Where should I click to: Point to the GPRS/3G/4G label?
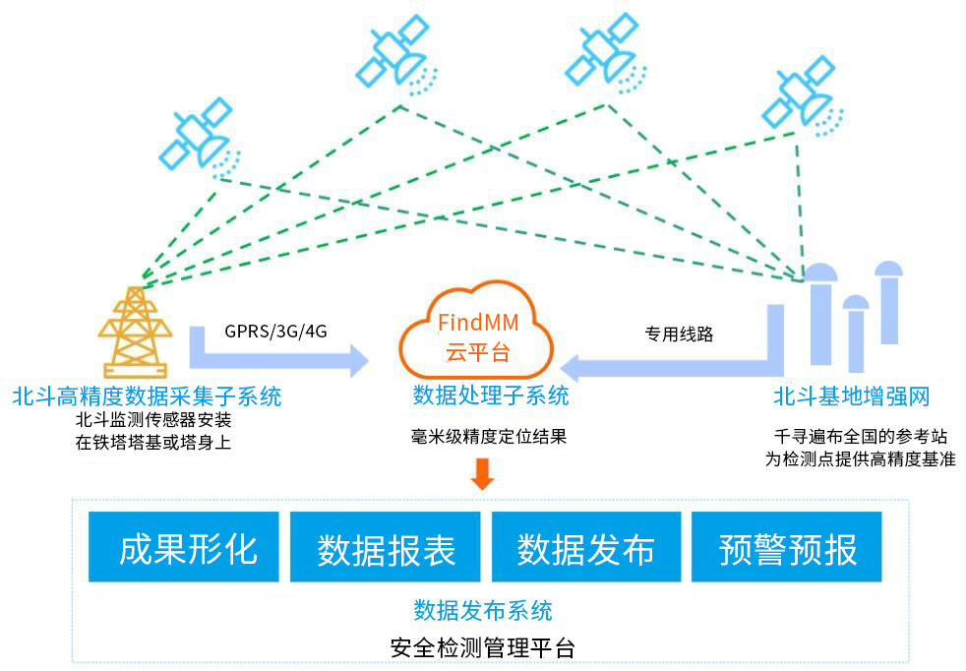coord(276,332)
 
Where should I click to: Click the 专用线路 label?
coord(679,334)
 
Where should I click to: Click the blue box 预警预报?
coord(787,547)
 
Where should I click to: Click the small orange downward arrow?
coord(482,475)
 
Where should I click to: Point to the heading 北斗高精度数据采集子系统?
coord(147,396)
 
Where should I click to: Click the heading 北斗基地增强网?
coord(851,396)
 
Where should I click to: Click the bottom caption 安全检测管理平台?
coord(482,648)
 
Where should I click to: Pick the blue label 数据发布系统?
coord(482,609)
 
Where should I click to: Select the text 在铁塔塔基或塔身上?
coord(152,442)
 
